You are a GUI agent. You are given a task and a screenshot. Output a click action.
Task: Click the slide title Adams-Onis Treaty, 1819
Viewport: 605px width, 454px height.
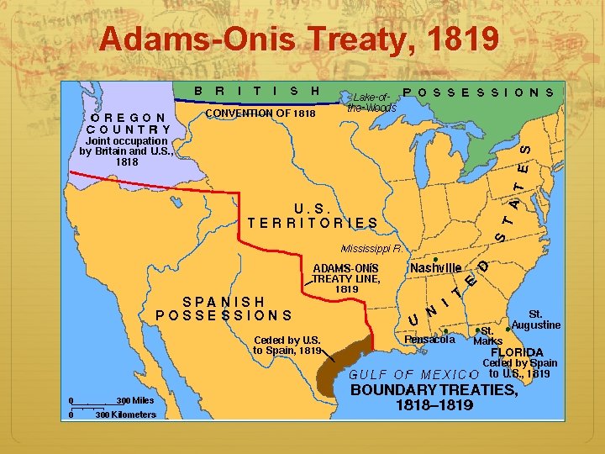(x=298, y=38)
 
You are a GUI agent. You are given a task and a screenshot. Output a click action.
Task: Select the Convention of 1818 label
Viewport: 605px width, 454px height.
(x=260, y=113)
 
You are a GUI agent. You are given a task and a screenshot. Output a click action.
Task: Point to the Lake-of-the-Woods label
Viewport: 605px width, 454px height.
(x=371, y=103)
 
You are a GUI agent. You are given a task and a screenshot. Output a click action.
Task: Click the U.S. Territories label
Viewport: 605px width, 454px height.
(x=313, y=215)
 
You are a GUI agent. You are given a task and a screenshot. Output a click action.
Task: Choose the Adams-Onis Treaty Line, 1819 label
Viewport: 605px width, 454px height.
(x=346, y=278)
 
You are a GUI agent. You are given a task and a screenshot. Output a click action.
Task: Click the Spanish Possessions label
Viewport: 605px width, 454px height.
(x=224, y=309)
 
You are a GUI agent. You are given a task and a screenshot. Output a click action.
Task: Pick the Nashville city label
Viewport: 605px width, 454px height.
(x=435, y=267)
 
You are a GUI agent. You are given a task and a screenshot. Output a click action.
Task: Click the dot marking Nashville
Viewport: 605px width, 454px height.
(x=435, y=257)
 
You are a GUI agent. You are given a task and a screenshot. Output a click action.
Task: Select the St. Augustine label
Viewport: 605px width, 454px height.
(x=535, y=319)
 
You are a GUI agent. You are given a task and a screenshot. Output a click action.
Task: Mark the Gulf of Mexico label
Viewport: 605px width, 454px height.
(x=413, y=374)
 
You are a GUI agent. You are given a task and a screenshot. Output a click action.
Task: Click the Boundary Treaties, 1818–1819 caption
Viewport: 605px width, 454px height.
(x=434, y=397)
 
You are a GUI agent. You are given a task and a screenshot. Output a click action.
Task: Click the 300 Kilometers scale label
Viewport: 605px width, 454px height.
(x=126, y=414)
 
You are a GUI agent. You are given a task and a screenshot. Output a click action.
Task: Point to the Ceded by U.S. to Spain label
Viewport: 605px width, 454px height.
(x=287, y=345)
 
